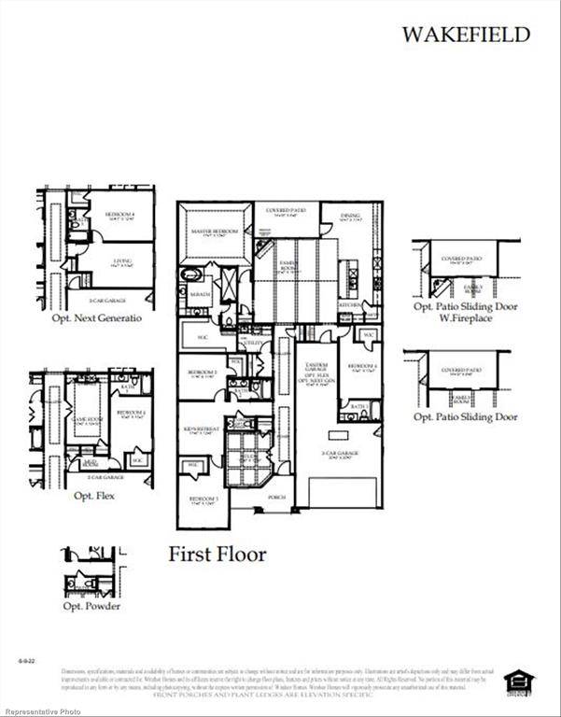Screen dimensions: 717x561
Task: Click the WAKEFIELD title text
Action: coord(466,35)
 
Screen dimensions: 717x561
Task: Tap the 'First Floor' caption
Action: coord(217,555)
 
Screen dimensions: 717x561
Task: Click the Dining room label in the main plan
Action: coord(350,218)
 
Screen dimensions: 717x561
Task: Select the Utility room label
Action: coord(253,344)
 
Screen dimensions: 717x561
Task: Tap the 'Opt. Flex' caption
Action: coord(94,496)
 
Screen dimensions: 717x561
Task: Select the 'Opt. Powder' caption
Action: coord(91,607)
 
